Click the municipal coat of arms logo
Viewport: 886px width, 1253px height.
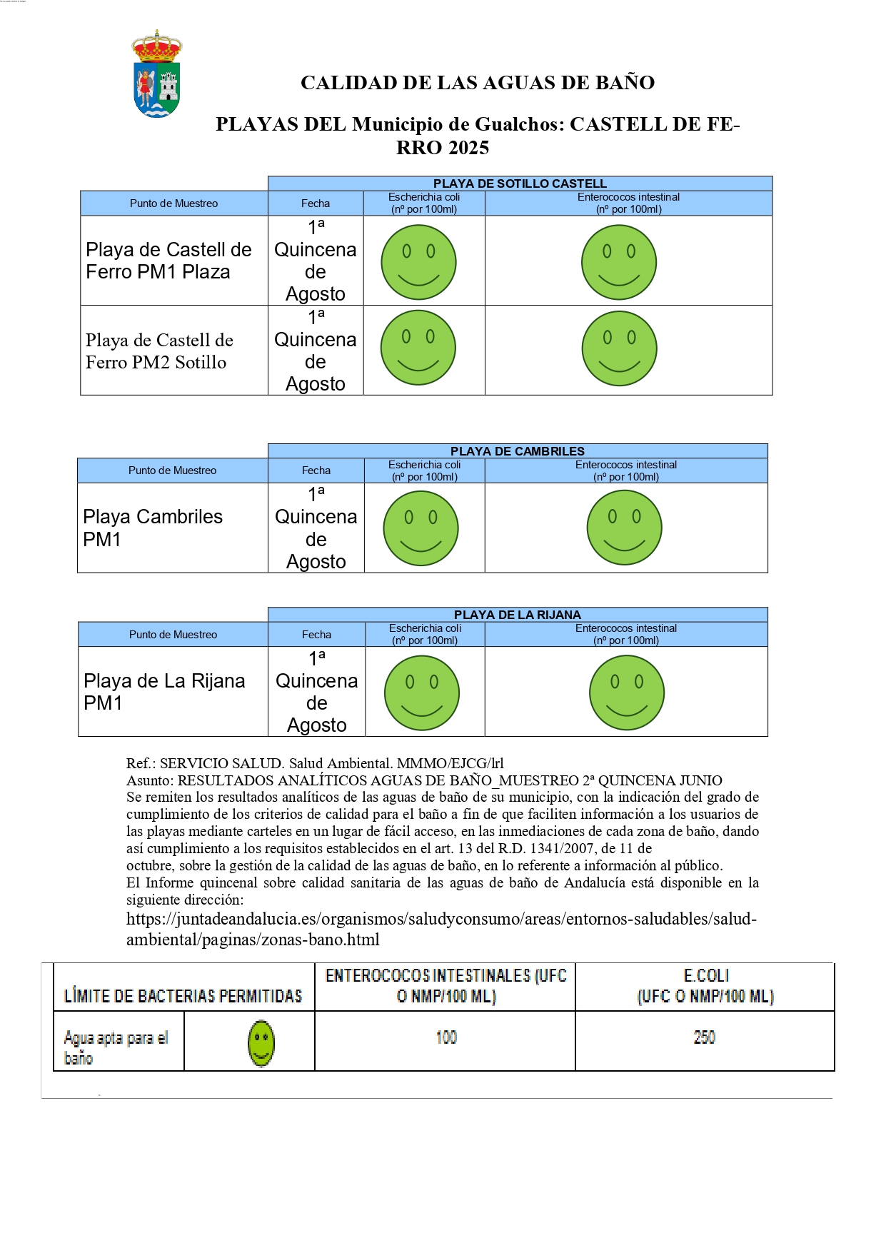157,74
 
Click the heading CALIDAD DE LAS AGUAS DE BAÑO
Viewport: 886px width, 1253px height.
477,83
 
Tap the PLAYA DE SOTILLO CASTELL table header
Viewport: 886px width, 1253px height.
520,183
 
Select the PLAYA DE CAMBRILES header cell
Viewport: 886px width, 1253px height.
517,451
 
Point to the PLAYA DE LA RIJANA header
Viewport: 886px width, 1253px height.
517,615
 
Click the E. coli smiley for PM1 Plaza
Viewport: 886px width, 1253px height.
418,262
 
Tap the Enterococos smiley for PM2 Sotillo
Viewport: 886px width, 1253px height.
619,349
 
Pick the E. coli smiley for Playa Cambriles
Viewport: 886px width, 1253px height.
421,528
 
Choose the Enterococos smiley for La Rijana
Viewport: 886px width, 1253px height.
626,693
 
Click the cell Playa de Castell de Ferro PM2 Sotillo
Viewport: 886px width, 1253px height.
159,351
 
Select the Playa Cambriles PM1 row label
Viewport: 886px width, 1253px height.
153,528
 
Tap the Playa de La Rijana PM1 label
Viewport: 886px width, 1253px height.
164,692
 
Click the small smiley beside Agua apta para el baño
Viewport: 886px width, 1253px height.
261,1043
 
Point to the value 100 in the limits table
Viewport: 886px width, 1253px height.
446,1037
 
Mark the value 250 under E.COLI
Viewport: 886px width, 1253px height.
704,1037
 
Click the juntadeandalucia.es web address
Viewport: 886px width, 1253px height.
441,929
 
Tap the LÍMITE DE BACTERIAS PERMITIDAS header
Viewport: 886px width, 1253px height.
183,995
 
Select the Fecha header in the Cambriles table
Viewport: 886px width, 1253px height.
316,470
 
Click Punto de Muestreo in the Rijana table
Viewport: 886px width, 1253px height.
173,635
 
